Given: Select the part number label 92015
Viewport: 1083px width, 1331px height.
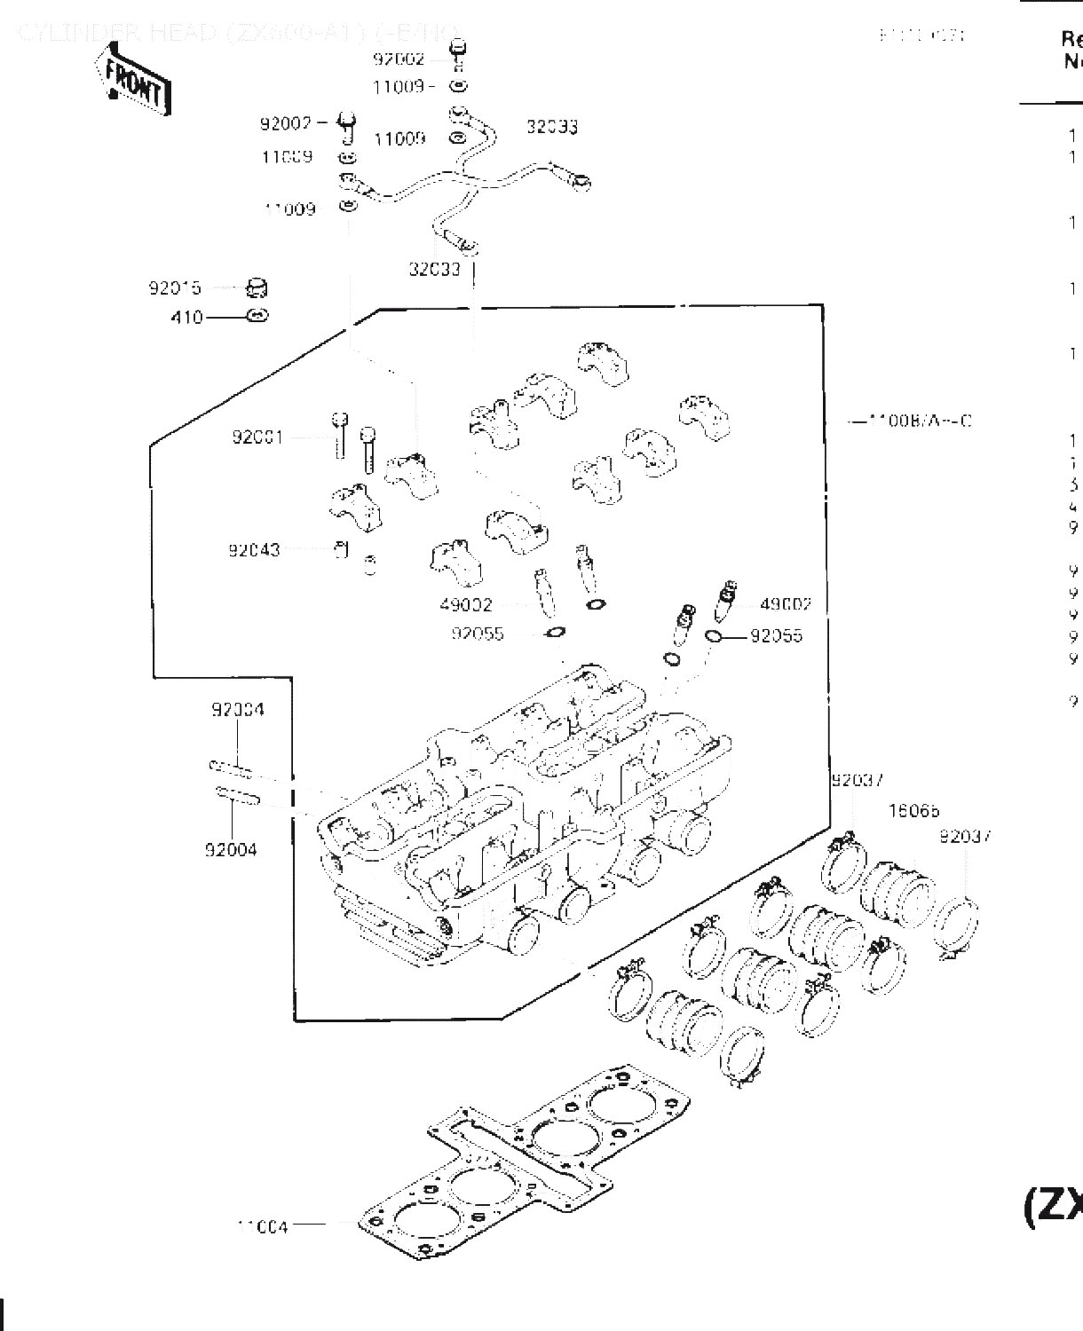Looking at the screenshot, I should pos(175,288).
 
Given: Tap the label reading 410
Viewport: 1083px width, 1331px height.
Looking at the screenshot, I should pos(186,317).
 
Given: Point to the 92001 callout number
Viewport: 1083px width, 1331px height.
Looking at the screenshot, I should pos(257,437).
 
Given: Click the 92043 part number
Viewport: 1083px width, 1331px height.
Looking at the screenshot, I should pos(254,550).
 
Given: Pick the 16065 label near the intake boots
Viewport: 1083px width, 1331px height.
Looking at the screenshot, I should pos(914,811).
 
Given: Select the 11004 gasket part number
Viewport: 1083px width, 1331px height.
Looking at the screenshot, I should pos(263,1227).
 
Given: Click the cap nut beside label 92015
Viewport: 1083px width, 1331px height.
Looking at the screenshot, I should pos(257,287).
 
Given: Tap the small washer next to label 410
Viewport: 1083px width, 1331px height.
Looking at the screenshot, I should pos(257,315).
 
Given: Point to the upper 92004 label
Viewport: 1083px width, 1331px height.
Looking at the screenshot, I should pos(238,710).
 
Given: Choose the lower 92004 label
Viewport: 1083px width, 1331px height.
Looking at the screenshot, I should pos(231,850).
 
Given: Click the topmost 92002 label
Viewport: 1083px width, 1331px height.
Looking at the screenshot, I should pos(399,59).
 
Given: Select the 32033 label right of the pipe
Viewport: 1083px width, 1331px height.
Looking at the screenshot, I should pos(552,127).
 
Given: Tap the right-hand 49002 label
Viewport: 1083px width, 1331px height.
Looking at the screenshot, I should pos(786,605).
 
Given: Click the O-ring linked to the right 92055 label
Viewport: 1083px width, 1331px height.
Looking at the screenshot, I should pos(713,636).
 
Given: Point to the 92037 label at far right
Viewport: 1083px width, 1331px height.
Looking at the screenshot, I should pos(965,836).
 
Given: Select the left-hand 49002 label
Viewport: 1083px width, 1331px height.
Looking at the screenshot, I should pos(465,605).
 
